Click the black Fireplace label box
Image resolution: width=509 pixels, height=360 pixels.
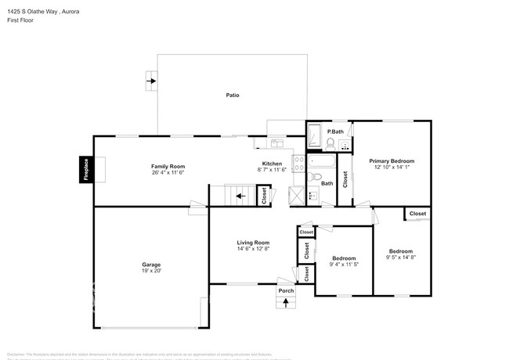tap(86, 170)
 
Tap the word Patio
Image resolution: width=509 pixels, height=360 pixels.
tap(233, 95)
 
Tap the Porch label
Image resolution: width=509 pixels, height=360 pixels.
tap(287, 291)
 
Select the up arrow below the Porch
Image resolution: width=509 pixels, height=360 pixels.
tap(287, 302)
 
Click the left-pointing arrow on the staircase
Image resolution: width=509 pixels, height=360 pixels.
tap(240, 196)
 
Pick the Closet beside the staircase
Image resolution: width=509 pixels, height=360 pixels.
tap(265, 196)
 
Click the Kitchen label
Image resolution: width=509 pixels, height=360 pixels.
tap(273, 164)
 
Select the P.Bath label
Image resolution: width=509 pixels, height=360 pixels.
tap(335, 131)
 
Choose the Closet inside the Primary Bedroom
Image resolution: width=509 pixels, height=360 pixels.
tap(345, 178)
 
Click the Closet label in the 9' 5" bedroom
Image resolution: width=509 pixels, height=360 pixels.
tap(418, 214)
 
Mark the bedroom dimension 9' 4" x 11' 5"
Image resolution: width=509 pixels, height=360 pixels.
tap(344, 264)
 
